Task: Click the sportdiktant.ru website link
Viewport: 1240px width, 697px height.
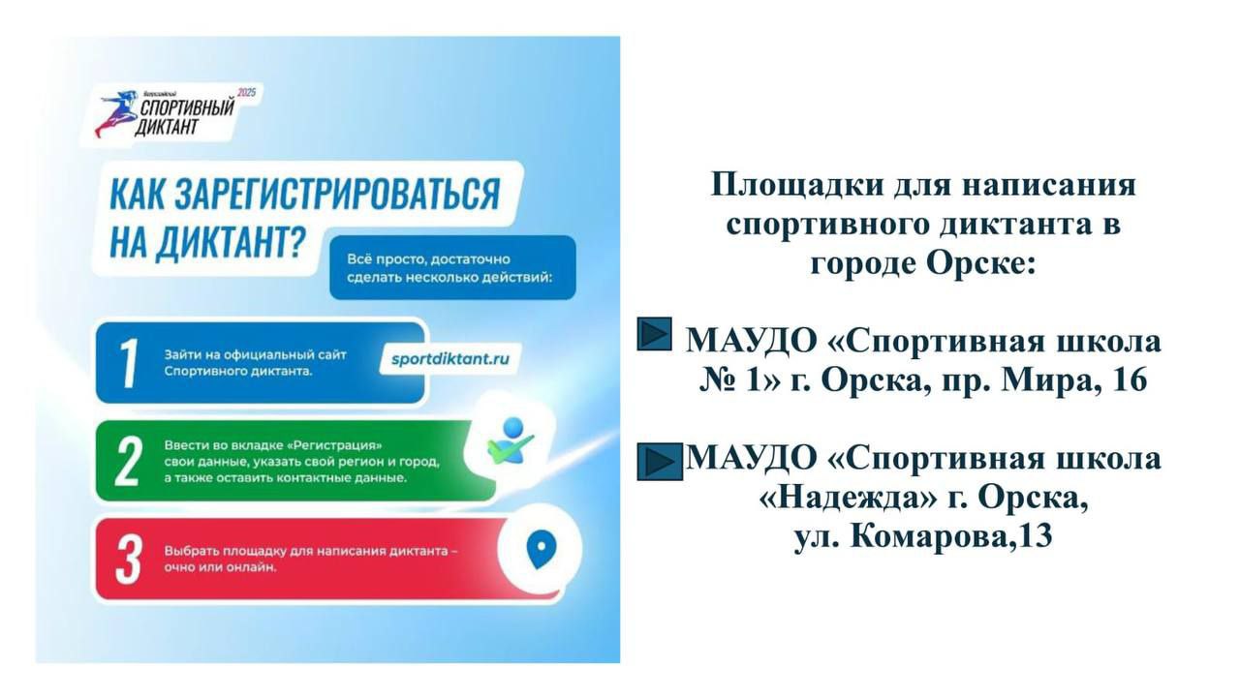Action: (x=449, y=359)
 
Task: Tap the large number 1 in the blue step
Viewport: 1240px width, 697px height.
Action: (x=129, y=363)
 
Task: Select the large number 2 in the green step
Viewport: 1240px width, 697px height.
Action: (x=128, y=462)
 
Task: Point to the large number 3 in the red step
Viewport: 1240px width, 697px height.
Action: (x=129, y=560)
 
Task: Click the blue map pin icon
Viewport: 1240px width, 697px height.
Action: (x=541, y=549)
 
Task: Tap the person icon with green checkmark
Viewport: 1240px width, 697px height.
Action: (x=511, y=440)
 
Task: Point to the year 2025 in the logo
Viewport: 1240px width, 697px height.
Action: (x=246, y=93)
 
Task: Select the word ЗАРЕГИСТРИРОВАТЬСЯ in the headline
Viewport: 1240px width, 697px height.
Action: (x=337, y=194)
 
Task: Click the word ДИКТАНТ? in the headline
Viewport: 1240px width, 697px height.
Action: (x=231, y=242)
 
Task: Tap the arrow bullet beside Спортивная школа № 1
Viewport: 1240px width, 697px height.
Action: (x=654, y=334)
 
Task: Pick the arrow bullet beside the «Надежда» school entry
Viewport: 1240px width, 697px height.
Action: (x=660, y=462)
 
